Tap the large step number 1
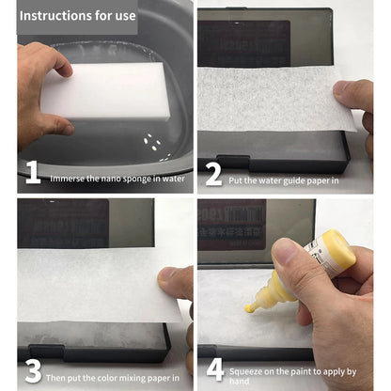(32, 173)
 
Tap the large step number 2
(213, 173)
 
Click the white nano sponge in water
(108, 92)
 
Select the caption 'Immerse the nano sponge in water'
(117, 177)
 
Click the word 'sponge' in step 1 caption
(128, 177)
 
